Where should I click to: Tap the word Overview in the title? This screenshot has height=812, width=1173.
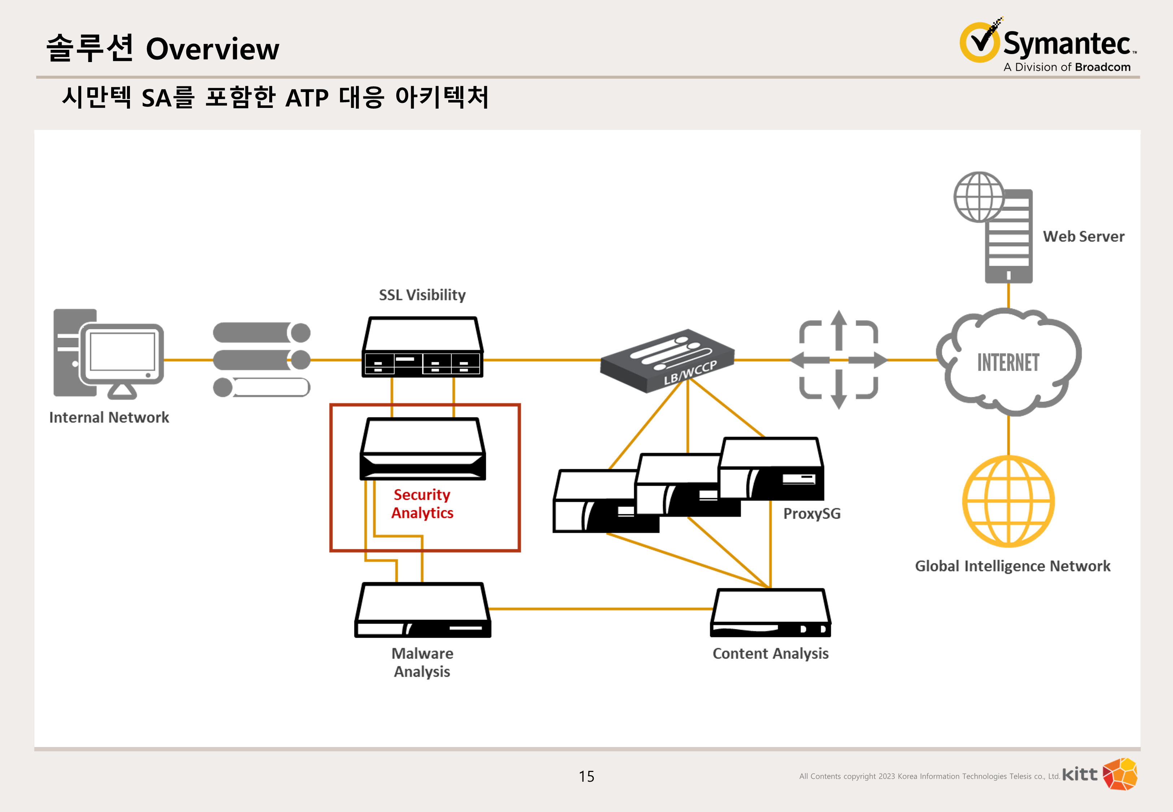point(212,49)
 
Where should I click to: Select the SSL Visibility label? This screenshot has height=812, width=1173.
point(422,295)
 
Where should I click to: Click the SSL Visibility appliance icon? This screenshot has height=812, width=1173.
point(422,348)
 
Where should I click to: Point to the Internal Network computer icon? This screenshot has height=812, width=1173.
point(108,354)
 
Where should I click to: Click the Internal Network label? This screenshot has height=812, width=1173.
point(109,418)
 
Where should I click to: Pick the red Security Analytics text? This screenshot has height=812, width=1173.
point(422,504)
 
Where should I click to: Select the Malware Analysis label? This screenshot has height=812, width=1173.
point(422,663)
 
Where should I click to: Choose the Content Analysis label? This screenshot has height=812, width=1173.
point(770,654)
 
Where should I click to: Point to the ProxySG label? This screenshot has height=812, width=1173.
point(812,514)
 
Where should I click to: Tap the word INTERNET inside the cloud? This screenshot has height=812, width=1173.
point(1008,363)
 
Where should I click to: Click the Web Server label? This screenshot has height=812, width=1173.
point(1083,237)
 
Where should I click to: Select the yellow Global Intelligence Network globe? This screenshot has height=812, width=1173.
point(1008,501)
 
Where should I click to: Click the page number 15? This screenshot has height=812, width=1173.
point(586,776)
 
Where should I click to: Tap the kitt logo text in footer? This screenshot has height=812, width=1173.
point(1080,774)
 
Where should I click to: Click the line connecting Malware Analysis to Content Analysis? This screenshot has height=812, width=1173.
point(600,608)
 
